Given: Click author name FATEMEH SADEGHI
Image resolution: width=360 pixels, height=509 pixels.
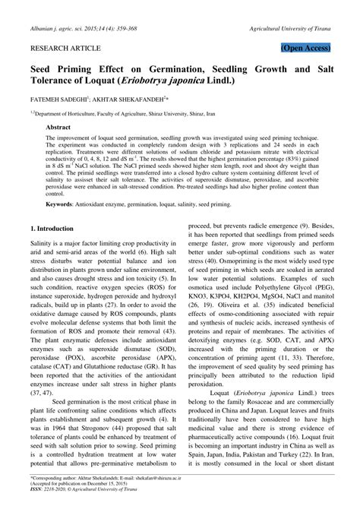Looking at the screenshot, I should pyautogui.click(x=58, y=99).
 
